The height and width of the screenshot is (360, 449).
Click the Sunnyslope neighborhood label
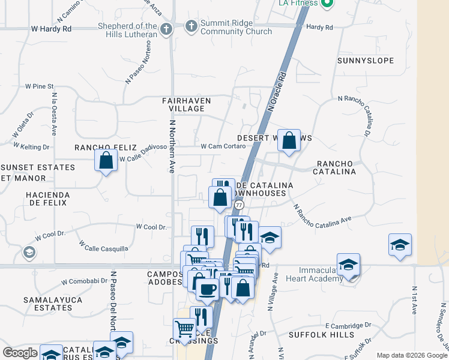(365, 61)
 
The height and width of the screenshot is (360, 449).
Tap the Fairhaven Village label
(183, 104)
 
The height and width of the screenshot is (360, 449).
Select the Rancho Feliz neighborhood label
(101, 147)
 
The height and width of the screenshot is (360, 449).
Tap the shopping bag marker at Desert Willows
(289, 141)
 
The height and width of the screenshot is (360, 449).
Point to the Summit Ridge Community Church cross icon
(191, 26)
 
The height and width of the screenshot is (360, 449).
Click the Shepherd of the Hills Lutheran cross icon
(166, 28)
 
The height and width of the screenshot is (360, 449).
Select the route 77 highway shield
(240, 205)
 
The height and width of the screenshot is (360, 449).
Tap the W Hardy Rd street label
(51, 28)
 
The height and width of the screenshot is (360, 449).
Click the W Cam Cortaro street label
(223, 146)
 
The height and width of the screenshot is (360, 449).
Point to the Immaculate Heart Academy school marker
(348, 265)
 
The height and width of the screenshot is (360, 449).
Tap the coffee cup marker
(208, 289)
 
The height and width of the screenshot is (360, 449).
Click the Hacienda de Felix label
(47, 199)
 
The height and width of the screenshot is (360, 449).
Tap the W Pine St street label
(40, 86)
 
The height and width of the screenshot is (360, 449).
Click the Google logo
(20, 353)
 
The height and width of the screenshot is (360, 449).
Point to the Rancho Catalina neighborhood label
(336, 167)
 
